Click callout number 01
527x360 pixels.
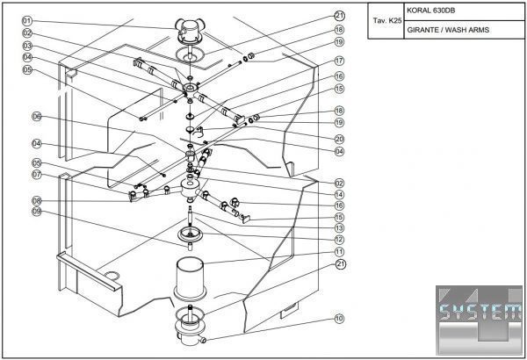point(27,20)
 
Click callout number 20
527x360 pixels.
point(339,139)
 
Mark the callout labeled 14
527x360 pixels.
point(339,194)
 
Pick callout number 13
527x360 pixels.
point(339,227)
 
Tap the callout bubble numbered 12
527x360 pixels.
point(339,240)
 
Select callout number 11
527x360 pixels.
point(339,251)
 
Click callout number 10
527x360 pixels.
point(339,319)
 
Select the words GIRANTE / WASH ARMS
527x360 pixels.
point(448,30)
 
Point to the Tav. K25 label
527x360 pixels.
point(387,19)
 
